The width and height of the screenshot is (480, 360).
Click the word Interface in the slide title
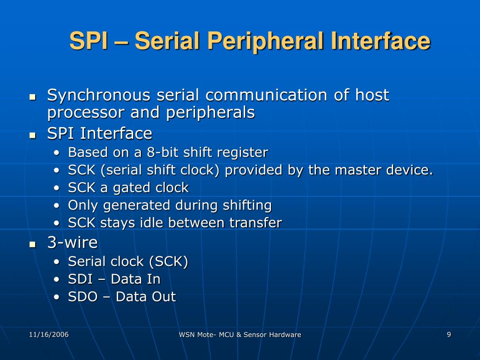coord(380,41)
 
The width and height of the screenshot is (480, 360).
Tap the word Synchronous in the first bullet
coord(99,95)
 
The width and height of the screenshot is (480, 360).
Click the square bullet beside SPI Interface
coord(32,135)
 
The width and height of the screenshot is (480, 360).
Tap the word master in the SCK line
coord(353,170)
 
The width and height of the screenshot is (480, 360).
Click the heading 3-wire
coord(72,242)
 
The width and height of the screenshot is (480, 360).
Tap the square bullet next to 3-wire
coord(32,244)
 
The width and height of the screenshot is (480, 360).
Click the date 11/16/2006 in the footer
coord(49,334)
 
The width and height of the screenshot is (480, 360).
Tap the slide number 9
coord(449,334)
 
